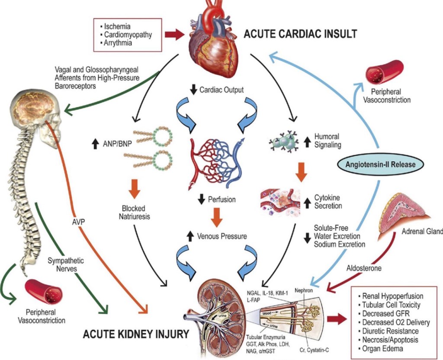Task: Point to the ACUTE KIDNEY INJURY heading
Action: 136,333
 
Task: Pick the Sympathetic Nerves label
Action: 65,265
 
